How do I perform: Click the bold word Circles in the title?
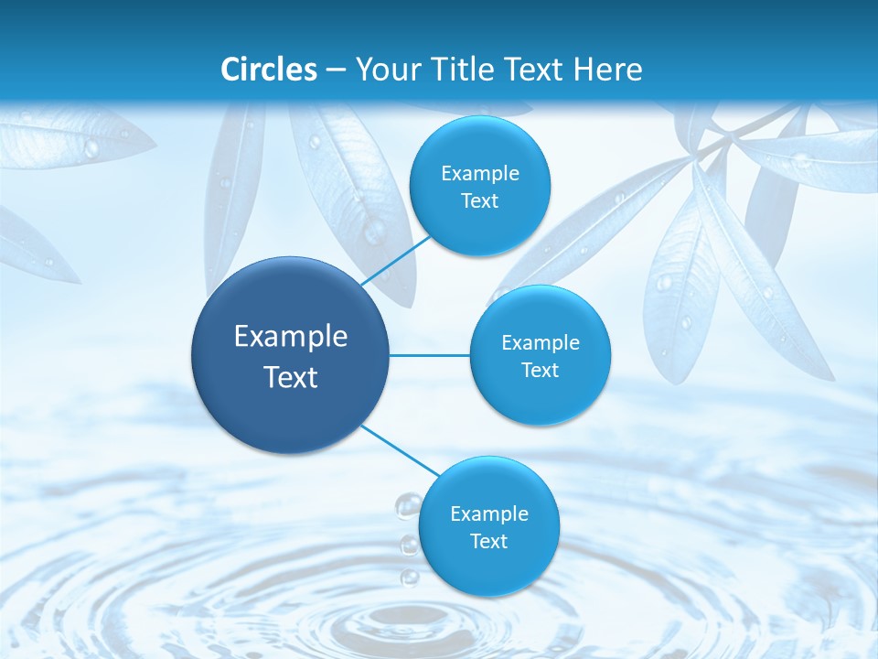[x=269, y=70]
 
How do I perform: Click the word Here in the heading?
[x=608, y=70]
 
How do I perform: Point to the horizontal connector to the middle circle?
[x=430, y=355]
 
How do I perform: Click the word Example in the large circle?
[x=291, y=337]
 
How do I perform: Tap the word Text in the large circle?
[x=291, y=377]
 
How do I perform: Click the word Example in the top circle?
[x=480, y=174]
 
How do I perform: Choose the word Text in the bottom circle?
[x=488, y=542]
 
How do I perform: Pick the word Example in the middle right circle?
[x=541, y=343]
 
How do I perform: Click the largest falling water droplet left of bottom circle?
[x=407, y=505]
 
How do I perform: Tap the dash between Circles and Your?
[x=335, y=70]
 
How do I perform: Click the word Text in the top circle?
[x=479, y=201]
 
